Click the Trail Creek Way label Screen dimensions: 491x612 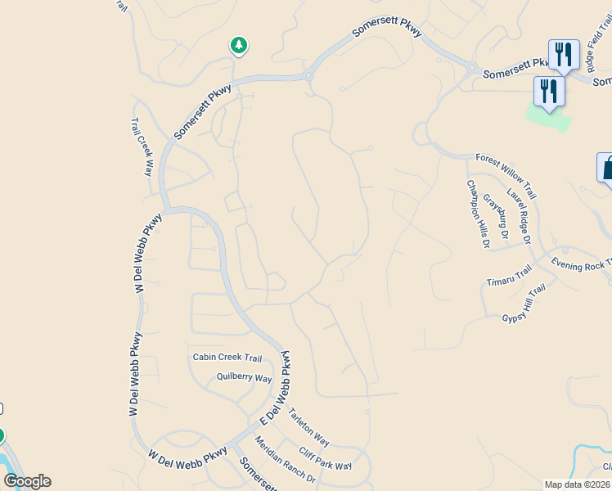142,146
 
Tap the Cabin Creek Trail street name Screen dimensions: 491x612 227,358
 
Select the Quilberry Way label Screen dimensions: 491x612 244,377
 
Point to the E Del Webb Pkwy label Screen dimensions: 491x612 277,389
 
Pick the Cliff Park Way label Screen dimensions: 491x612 325,458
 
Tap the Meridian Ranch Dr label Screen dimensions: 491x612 285,459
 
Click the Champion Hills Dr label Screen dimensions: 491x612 478,214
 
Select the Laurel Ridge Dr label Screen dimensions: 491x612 519,216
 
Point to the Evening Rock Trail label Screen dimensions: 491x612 581,264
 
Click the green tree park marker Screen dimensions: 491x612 238,46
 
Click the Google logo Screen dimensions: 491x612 27,481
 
